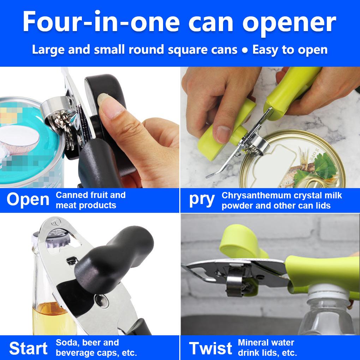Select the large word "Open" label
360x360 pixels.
point(28,200)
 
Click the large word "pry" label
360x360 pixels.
point(202,200)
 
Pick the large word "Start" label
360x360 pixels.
point(28,348)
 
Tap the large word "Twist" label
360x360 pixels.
point(211,348)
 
